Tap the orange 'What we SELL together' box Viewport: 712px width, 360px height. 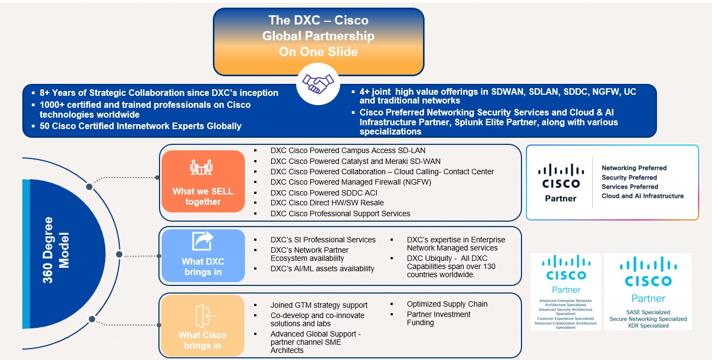pos(202,181)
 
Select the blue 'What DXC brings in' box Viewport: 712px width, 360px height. pos(202,255)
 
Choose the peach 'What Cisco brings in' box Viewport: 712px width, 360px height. pos(202,325)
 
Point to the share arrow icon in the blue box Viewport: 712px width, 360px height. pos(202,241)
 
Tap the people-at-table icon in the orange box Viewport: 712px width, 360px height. pos(201,168)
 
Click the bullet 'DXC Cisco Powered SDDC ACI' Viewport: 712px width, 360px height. pos(323,193)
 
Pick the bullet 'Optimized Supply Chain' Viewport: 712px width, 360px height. pos(447,304)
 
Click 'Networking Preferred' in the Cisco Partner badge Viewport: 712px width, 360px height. pos(634,168)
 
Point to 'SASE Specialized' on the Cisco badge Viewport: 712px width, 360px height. pos(648,312)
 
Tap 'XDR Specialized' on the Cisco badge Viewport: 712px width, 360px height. pos(648,326)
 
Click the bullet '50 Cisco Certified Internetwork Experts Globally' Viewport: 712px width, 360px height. pos(140,126)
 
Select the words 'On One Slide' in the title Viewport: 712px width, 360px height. pos(318,52)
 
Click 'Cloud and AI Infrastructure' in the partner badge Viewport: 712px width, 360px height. pos(642,196)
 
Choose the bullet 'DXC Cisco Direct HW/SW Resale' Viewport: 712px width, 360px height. pos(327,203)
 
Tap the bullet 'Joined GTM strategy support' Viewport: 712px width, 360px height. pos(318,305)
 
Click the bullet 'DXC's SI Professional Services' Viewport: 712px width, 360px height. pos(323,240)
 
